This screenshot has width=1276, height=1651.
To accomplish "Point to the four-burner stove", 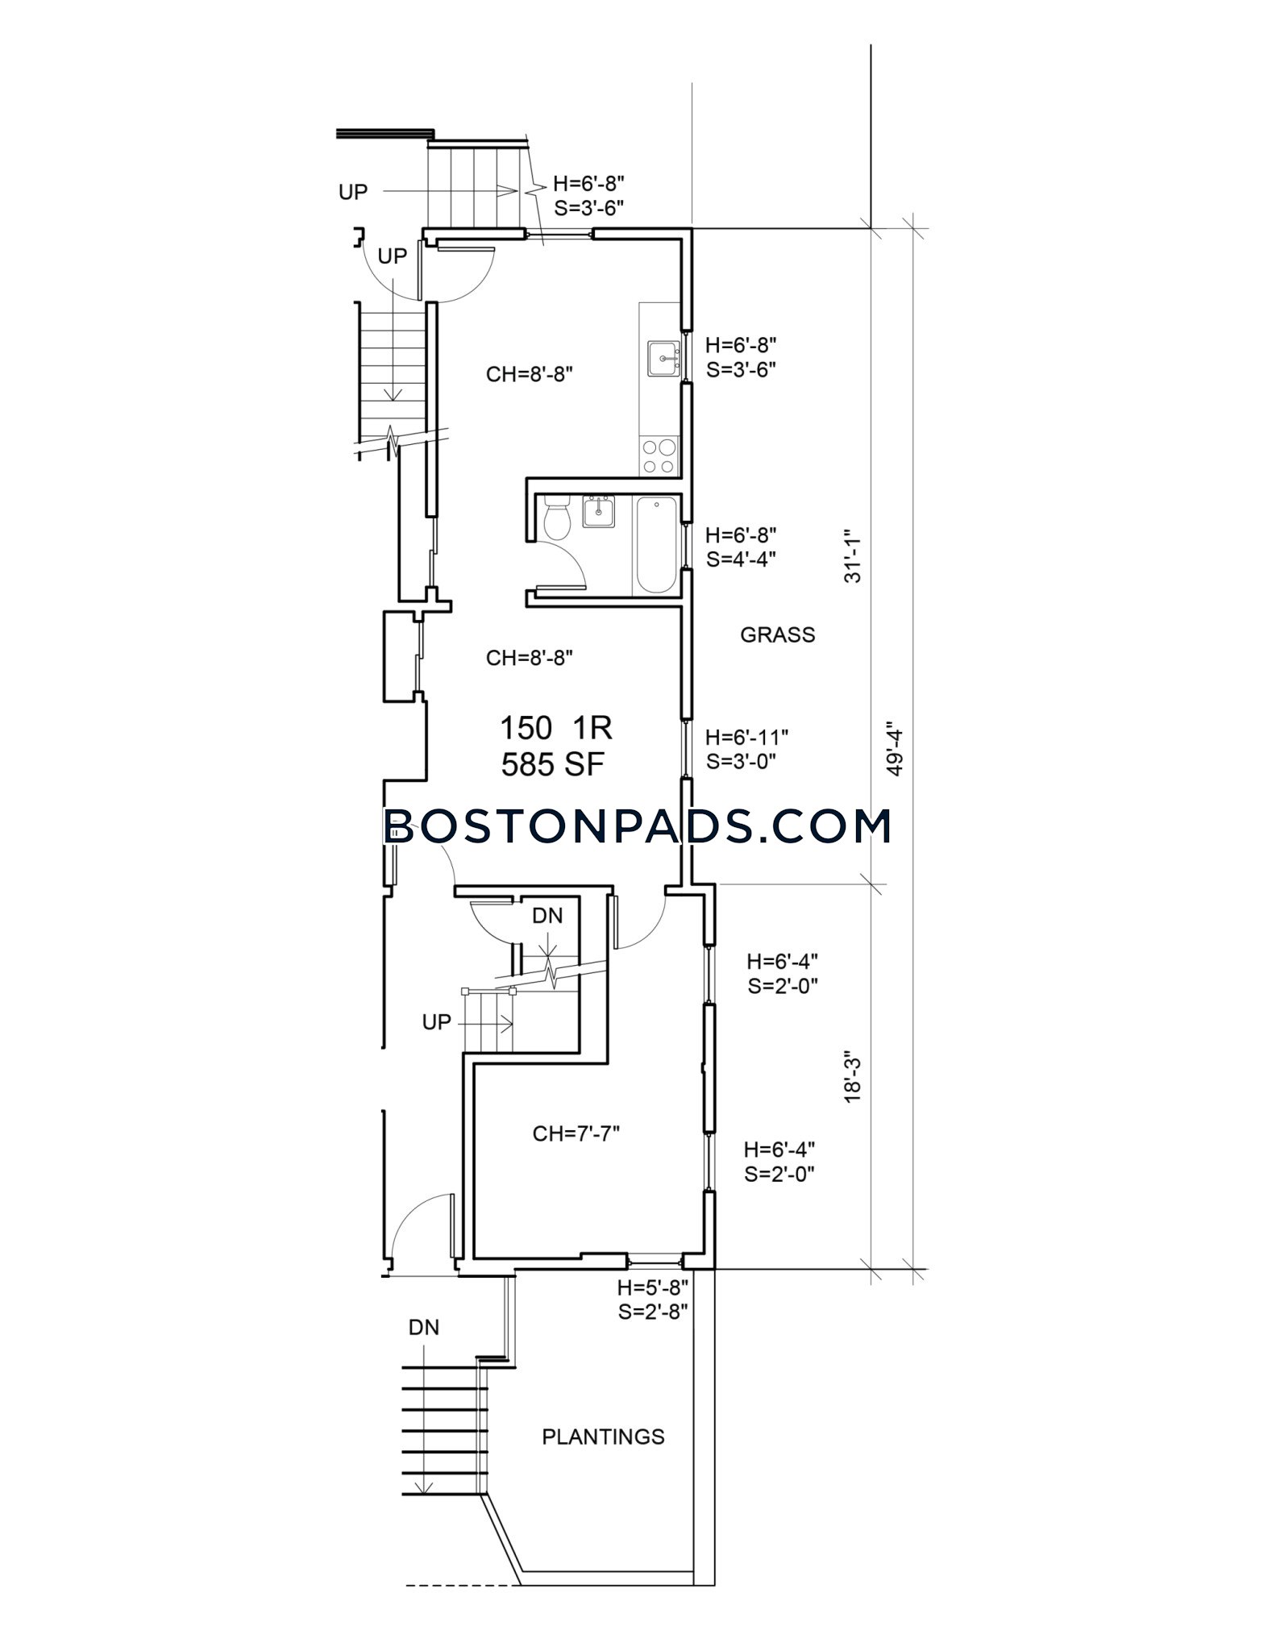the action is [659, 456].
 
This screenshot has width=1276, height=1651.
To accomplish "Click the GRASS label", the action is [778, 635].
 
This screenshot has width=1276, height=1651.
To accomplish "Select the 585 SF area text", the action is [552, 764].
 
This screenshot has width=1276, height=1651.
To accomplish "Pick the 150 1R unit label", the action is [556, 728].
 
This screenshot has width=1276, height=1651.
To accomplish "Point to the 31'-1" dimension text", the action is [853, 556].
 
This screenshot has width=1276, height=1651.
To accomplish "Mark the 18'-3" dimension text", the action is [853, 1075].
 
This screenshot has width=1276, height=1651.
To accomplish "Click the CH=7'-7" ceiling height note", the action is [576, 1134].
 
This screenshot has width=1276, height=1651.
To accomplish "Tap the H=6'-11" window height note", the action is [746, 737].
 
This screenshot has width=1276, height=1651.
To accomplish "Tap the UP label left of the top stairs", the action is [353, 192].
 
